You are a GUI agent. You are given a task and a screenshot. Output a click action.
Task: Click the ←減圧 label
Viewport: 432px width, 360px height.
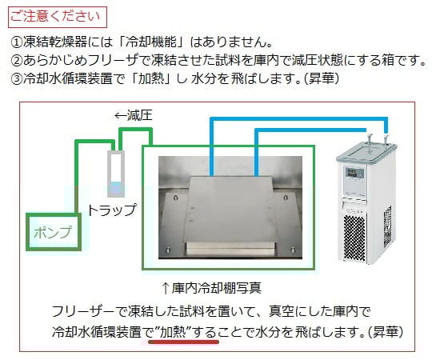tap(133, 116)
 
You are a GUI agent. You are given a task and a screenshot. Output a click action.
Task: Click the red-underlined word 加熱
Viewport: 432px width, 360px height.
tap(174, 330)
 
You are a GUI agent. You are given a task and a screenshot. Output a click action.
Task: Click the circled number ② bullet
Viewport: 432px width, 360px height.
tap(17, 60)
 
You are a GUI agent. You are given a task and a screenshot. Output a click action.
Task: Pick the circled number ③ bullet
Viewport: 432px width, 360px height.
tap(17, 79)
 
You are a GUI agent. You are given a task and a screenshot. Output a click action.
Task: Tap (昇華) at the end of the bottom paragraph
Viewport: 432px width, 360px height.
tap(388, 330)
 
